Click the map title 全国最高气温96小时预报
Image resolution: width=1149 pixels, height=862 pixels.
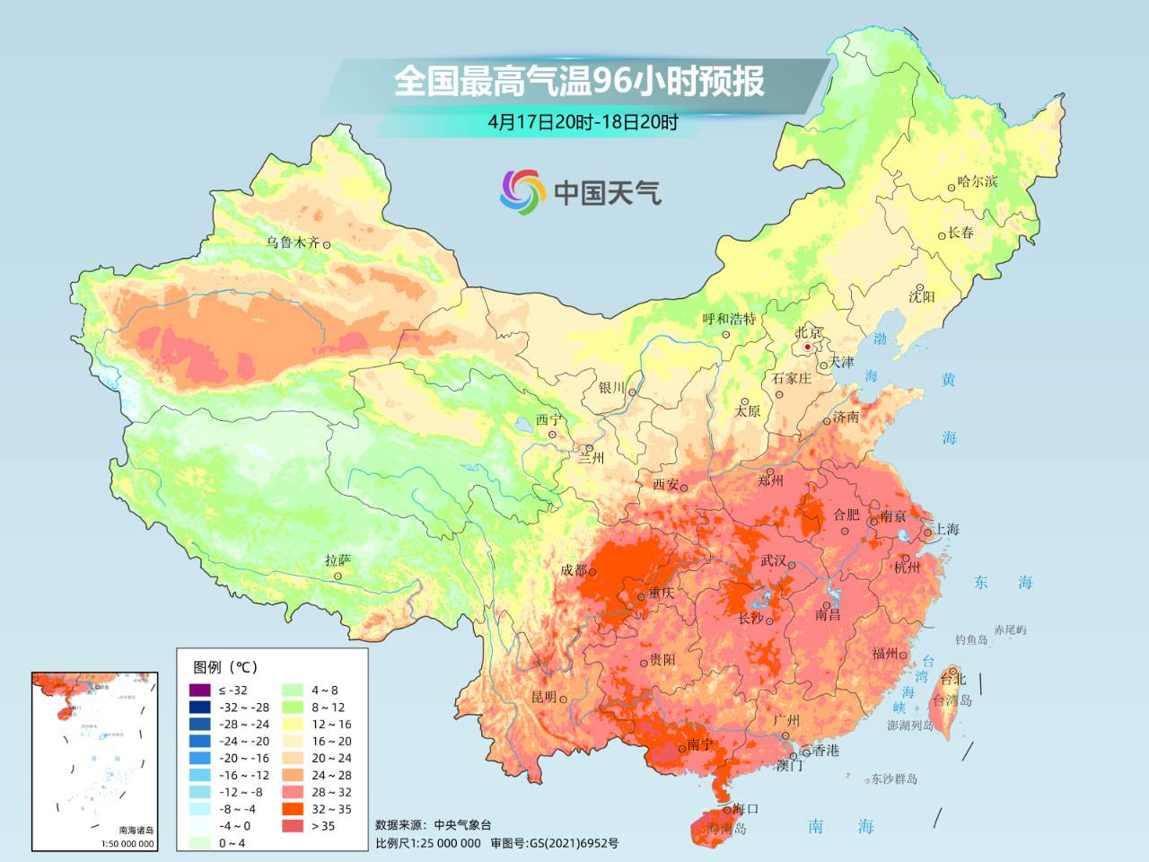pyautogui.click(x=579, y=81)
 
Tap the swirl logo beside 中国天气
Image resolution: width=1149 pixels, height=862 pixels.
pyautogui.click(x=522, y=191)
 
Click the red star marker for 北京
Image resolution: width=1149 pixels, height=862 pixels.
pyautogui.click(x=808, y=347)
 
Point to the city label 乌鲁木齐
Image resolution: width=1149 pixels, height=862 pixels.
pyautogui.click(x=293, y=242)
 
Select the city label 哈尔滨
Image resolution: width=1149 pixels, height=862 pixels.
pyautogui.click(x=978, y=181)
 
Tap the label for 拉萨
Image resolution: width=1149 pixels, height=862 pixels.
pyautogui.click(x=338, y=560)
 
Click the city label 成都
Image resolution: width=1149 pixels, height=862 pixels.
pyautogui.click(x=573, y=570)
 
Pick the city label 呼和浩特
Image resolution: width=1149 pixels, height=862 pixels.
pyautogui.click(x=729, y=319)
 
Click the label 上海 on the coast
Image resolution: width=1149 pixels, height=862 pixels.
pyautogui.click(x=946, y=529)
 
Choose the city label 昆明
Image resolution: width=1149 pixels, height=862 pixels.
pyautogui.click(x=544, y=697)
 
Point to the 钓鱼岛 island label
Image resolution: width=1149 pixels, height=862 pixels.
pyautogui.click(x=971, y=639)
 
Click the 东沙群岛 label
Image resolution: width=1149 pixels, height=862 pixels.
pyautogui.click(x=894, y=779)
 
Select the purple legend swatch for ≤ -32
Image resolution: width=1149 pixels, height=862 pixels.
pyautogui.click(x=199, y=690)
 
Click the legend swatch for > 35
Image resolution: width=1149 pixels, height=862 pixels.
pyautogui.click(x=293, y=826)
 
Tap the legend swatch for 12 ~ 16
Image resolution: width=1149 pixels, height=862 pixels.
pyautogui.click(x=293, y=724)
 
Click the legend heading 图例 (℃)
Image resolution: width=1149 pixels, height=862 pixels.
pyautogui.click(x=225, y=667)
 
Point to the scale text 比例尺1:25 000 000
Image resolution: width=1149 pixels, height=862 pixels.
pyautogui.click(x=428, y=843)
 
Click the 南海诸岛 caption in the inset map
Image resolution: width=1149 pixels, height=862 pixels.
pyautogui.click(x=136, y=831)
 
